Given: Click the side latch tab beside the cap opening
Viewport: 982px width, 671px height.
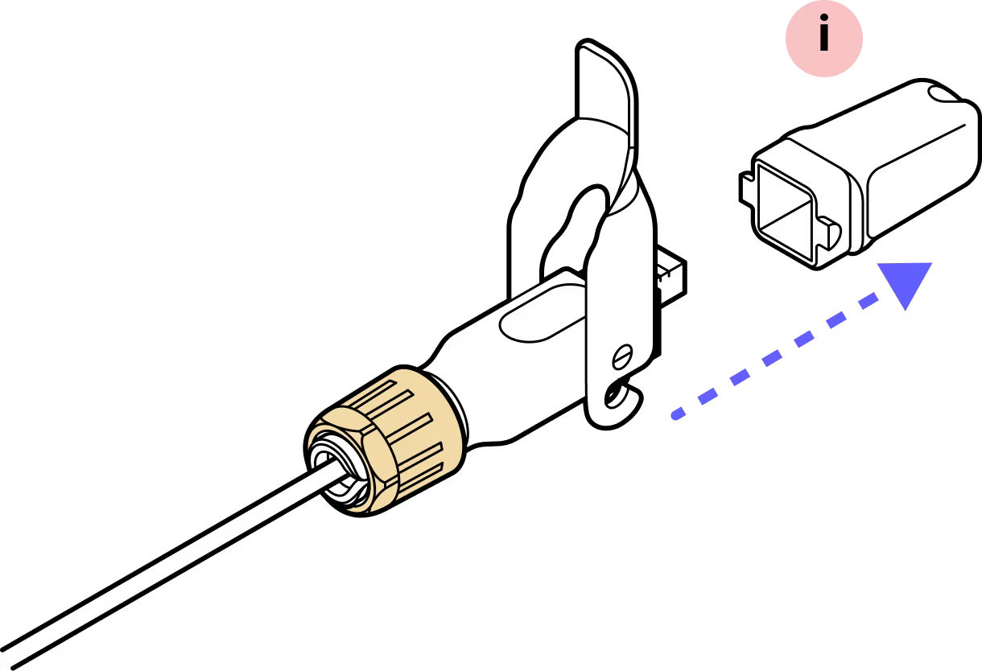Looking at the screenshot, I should [830, 233].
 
